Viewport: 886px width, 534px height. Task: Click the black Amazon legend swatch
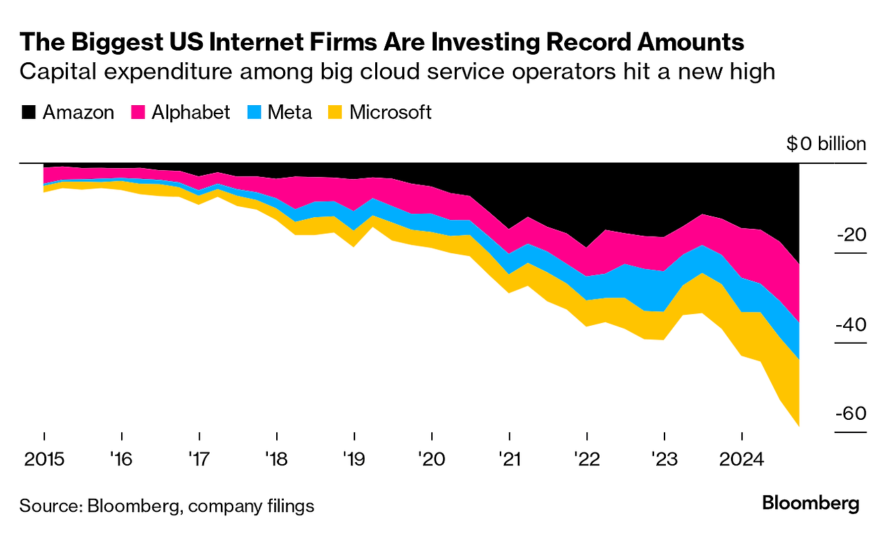coord(28,113)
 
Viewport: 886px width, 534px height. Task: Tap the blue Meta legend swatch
coord(254,113)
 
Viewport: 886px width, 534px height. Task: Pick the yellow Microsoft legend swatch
coord(336,113)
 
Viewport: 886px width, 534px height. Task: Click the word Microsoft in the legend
coord(390,113)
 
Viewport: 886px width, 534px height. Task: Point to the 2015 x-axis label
coord(44,459)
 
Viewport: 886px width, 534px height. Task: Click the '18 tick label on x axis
coord(276,459)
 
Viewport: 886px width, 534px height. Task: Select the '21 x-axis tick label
coord(509,459)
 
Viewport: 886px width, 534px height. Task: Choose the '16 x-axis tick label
coord(121,459)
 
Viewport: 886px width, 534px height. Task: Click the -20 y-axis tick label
coord(851,235)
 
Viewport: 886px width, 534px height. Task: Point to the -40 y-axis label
coord(851,324)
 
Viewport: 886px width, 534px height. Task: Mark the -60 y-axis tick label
coord(851,414)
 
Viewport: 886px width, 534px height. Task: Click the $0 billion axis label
coord(826,144)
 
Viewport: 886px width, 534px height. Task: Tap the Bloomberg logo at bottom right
coord(811,504)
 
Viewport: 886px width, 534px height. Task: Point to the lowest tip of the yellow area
coord(799,426)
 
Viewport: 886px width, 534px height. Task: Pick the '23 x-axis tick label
coord(664,459)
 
